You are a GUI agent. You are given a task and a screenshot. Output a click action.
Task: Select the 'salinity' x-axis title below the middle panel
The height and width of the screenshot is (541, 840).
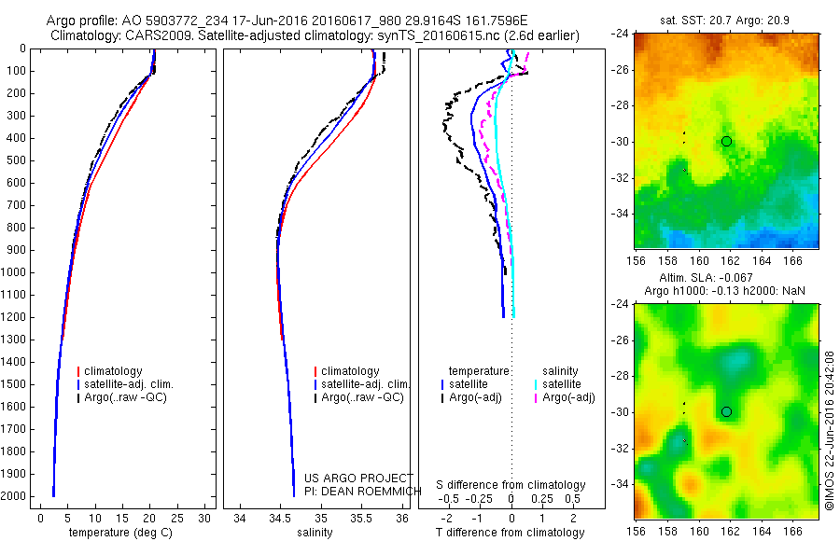tap(314, 533)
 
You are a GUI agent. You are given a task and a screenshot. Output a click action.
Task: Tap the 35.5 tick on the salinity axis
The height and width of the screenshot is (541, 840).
tap(361, 518)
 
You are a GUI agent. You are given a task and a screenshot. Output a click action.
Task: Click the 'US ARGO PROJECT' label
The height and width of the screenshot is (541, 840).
tap(358, 478)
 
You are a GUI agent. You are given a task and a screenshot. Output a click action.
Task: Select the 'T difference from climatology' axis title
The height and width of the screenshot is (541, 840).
tap(511, 533)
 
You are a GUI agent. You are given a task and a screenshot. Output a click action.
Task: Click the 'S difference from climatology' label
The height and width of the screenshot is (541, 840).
tap(511, 485)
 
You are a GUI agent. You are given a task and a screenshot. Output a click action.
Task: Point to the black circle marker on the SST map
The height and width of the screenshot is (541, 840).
tap(726, 141)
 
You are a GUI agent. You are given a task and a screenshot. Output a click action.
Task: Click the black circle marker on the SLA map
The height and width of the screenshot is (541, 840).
tap(726, 411)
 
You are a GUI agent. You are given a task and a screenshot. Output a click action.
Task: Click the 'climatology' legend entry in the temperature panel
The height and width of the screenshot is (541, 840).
tap(116, 371)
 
